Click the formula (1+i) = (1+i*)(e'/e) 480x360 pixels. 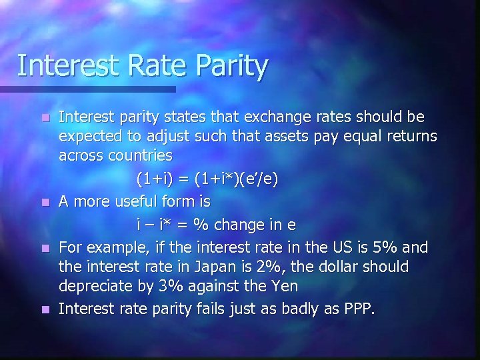click(207, 179)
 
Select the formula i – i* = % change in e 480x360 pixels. click(216, 225)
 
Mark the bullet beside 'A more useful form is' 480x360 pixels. click(44, 201)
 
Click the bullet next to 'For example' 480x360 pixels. click(44, 248)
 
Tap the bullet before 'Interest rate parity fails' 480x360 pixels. click(44, 310)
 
